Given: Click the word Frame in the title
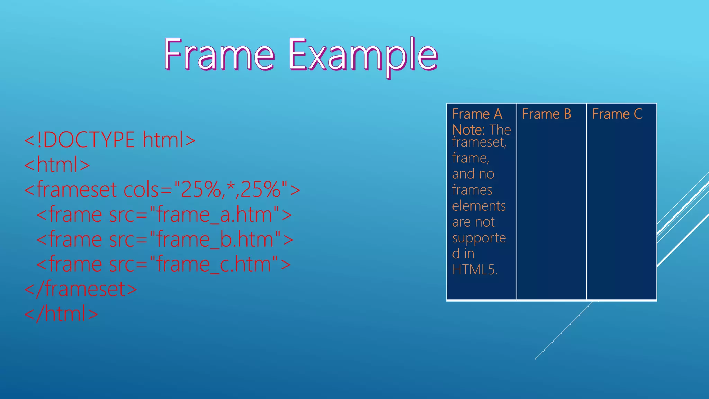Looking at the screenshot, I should pos(219,55).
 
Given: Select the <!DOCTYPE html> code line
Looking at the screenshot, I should pos(110,140).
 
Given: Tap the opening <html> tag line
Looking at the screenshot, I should pos(57,165).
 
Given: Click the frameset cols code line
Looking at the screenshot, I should pos(162,189).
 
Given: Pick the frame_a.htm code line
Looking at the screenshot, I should pos(164,214).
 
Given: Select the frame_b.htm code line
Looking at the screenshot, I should pos(165,239).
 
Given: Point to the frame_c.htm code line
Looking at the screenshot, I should pos(163,264).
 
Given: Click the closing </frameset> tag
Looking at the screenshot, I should pos(81,289).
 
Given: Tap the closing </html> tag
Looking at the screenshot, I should pos(61,314).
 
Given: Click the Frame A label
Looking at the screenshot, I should pos(477,114).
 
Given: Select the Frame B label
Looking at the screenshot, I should pos(546,114).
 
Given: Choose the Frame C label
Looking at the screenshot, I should pos(617,114).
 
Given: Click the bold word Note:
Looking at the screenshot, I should pos(468,130).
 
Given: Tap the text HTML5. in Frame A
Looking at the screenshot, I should pos(475,269).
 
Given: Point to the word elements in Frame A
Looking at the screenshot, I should pos(479,206).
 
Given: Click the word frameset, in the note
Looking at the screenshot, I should pos(479,142).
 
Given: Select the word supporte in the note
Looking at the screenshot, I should pos(479,238).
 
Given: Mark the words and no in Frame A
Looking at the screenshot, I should pos(473,174).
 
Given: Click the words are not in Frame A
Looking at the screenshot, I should pos(473,222).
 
